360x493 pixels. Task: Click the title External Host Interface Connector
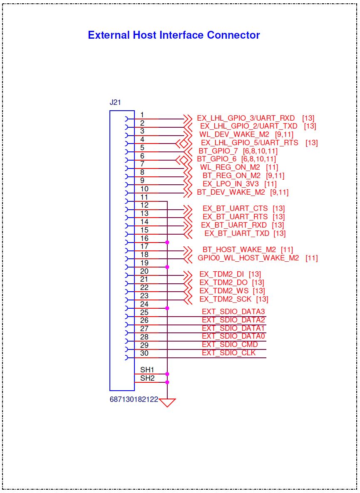[x=174, y=35]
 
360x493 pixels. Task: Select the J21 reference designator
[x=115, y=102]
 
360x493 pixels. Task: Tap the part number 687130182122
[x=134, y=399]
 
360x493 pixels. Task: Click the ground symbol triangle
[x=167, y=402]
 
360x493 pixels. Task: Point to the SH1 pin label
[x=147, y=370]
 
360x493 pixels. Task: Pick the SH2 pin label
[x=147, y=378]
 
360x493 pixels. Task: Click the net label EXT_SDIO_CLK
[x=229, y=353]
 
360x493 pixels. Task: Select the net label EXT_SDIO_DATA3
[x=233, y=312]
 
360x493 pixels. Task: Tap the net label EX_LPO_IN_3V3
[x=231, y=183]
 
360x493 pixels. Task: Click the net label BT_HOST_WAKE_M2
[x=239, y=250]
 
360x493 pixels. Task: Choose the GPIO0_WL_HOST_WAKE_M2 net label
[x=248, y=258]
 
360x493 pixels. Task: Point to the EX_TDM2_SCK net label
[x=226, y=299]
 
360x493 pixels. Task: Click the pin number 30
[x=144, y=353]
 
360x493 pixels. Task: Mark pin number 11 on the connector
[x=144, y=197]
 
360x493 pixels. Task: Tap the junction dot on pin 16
[x=167, y=243]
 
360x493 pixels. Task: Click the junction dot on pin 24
[x=167, y=308]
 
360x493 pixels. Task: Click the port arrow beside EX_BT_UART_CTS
[x=188, y=209]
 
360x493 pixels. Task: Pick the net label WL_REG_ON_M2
[x=230, y=167]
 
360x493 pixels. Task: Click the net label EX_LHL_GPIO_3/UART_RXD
[x=246, y=118]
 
